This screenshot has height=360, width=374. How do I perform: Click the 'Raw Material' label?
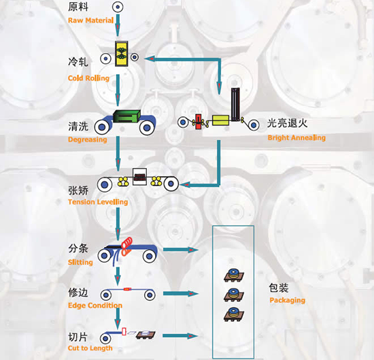[90, 20]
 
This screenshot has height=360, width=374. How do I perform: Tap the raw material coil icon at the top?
[118, 7]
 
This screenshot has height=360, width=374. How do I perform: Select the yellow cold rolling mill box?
[122, 54]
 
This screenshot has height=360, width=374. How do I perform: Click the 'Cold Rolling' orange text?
[88, 78]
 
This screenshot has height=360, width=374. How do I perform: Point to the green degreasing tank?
[126, 116]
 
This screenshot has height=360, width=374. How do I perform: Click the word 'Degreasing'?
[87, 140]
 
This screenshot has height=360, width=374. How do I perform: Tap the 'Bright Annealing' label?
[296, 137]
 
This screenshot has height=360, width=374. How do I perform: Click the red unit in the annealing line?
[198, 122]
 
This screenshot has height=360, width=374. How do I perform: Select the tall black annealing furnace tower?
[235, 104]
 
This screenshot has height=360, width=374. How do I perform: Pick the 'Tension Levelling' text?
[98, 202]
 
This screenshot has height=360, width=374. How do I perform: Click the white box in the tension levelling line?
[139, 177]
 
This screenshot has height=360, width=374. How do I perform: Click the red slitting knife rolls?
[126, 246]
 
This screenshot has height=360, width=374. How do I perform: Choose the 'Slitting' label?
[80, 263]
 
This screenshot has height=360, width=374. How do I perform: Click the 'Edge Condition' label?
[95, 306]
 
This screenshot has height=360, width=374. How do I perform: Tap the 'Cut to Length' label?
[90, 348]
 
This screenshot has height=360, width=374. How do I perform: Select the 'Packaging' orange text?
[287, 300]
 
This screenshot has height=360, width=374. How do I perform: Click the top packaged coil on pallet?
[234, 275]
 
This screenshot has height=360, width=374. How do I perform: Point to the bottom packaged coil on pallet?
[234, 314]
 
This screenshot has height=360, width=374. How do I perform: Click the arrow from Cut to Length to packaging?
[180, 336]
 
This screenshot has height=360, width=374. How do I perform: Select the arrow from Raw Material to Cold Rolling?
[118, 26]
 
